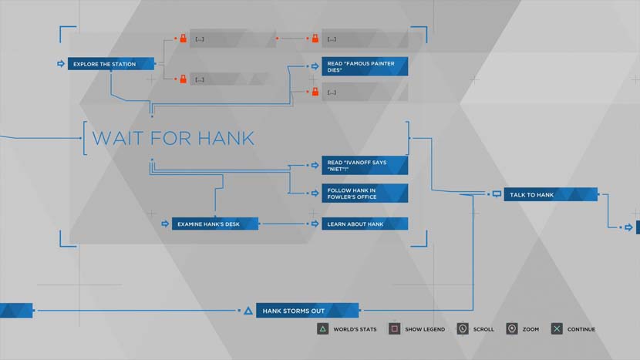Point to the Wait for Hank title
pyautogui.click(x=173, y=139)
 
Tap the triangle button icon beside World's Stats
pyautogui.click(x=322, y=329)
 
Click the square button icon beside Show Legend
pyautogui.click(x=394, y=329)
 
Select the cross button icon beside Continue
pyautogui.click(x=557, y=329)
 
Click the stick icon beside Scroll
pyautogui.click(x=462, y=329)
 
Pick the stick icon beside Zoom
pyautogui.click(x=511, y=329)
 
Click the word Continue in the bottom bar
pyautogui.click(x=581, y=330)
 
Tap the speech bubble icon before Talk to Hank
pyautogui.click(x=497, y=194)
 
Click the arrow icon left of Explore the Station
pyautogui.click(x=61, y=64)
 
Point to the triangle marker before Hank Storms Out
pyautogui.click(x=248, y=311)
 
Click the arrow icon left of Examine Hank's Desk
pyautogui.click(x=165, y=224)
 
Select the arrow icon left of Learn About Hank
pyautogui.click(x=315, y=224)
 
